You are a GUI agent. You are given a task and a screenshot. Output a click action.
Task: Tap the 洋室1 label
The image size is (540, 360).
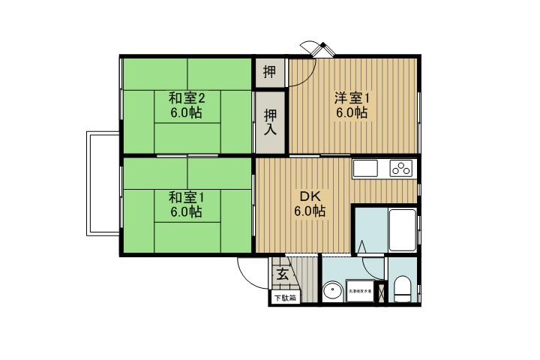click(351, 97)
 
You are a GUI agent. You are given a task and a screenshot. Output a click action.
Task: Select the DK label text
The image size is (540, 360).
click(309, 196)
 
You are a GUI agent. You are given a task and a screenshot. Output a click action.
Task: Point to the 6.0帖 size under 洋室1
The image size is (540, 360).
click(351, 113)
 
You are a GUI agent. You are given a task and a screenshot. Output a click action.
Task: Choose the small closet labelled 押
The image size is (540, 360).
click(270, 73)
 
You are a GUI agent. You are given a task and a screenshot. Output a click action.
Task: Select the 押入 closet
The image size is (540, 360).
click(270, 121)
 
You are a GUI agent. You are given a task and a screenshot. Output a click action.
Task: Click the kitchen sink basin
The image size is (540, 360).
click(367, 169)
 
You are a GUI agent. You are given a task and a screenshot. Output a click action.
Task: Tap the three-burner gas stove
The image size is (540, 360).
click(401, 169)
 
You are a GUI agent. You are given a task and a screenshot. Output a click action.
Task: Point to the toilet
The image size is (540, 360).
click(403, 289)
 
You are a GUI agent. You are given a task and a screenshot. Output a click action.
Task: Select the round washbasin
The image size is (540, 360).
click(331, 290)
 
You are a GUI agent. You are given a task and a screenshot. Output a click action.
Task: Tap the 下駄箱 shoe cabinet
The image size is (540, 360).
click(284, 298)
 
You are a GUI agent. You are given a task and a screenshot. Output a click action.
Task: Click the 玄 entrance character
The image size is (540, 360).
click(282, 274)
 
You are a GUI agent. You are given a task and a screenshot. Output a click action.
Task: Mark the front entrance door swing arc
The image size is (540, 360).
click(251, 270)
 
